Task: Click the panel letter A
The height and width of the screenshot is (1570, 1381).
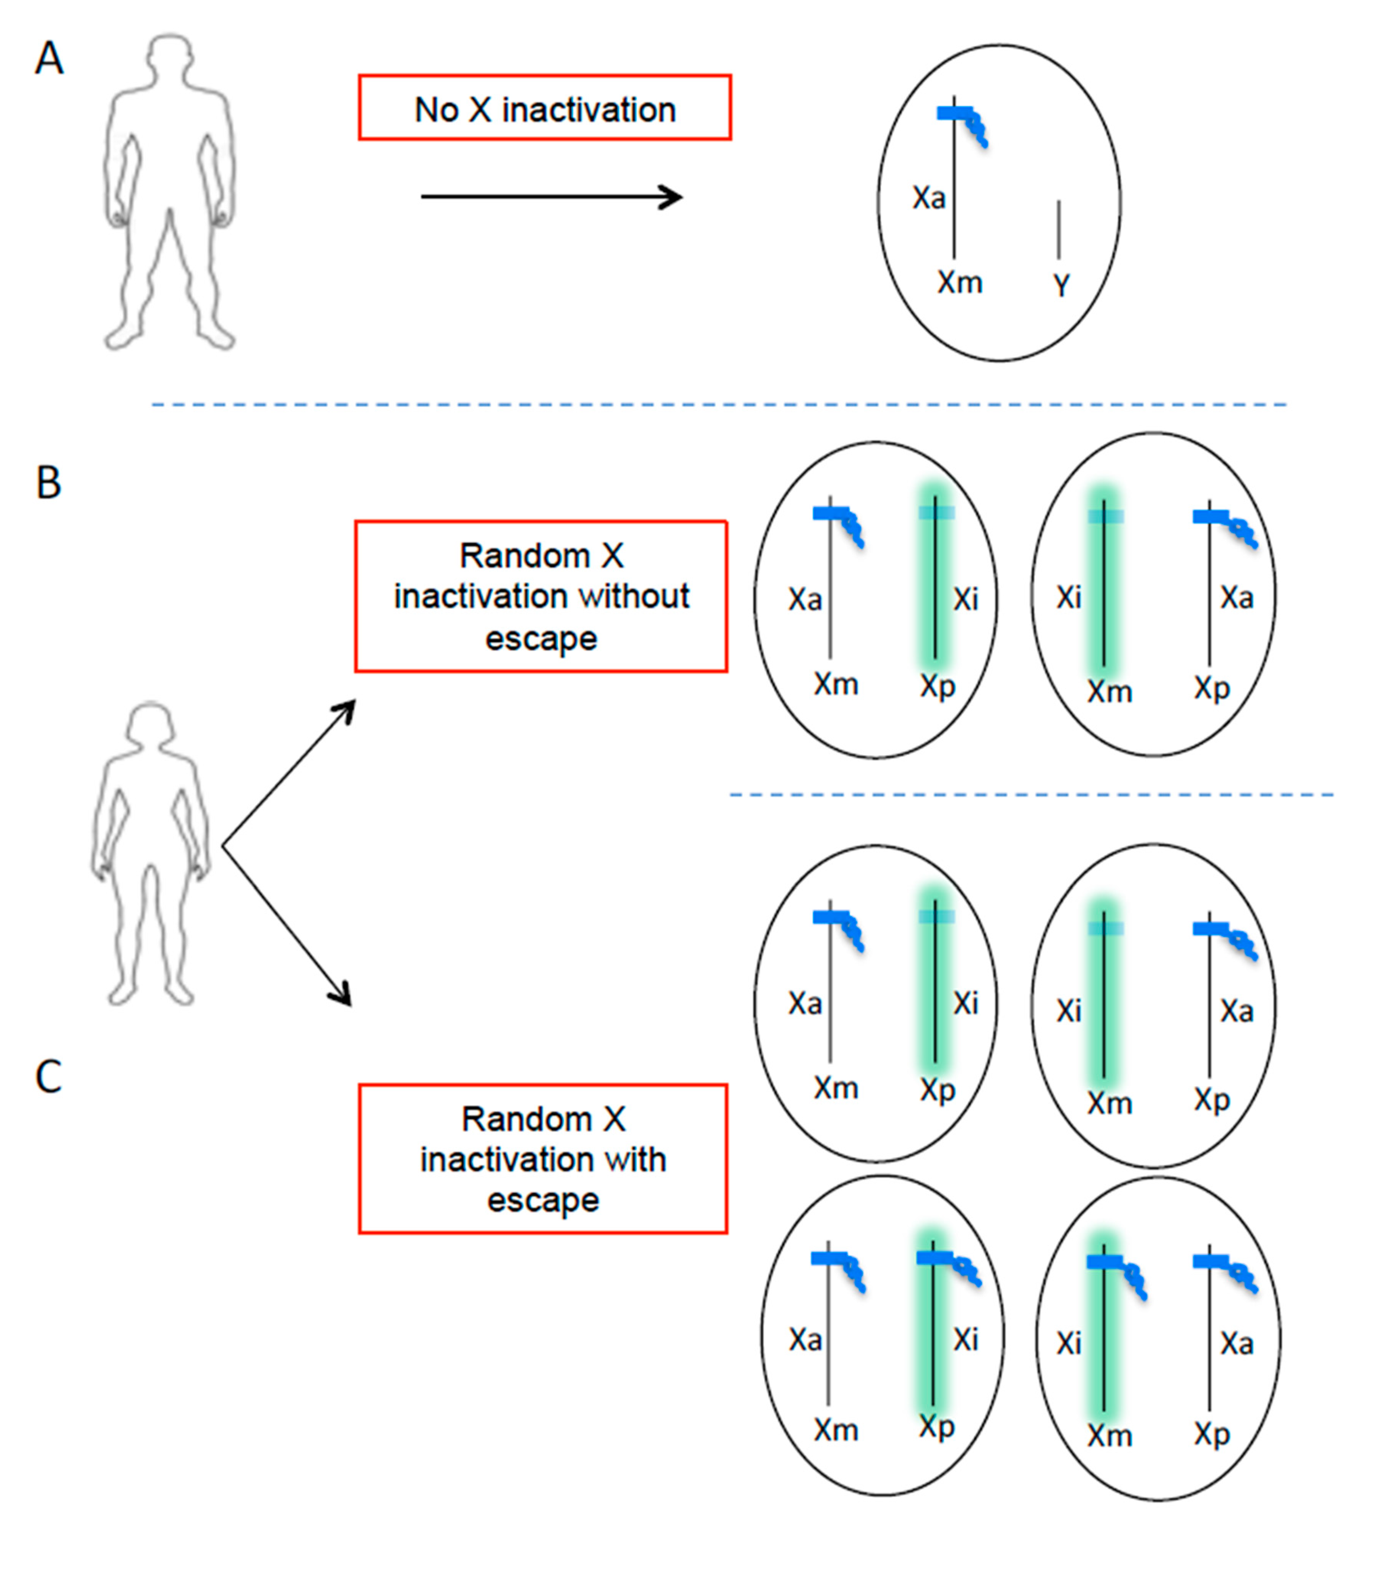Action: click(x=49, y=59)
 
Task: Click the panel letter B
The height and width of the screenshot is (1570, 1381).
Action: click(x=49, y=483)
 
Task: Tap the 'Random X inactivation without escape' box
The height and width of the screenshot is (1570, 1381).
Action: click(x=541, y=596)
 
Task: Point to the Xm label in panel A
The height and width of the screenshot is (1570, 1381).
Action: click(x=959, y=283)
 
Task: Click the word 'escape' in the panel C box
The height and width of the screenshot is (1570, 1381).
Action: click(x=543, y=1200)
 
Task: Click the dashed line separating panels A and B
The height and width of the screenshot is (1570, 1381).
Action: click(x=719, y=404)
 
